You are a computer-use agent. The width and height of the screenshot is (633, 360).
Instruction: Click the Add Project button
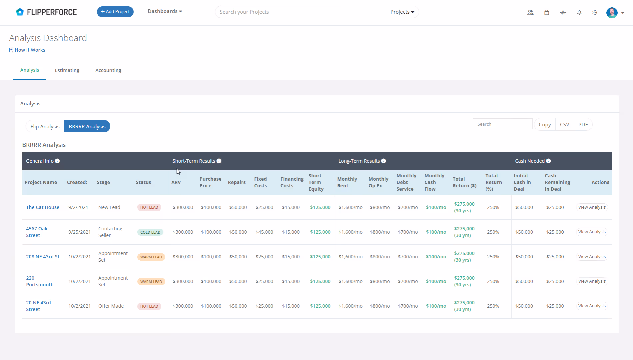click(115, 12)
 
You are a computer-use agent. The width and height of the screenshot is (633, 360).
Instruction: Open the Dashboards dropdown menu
click(165, 11)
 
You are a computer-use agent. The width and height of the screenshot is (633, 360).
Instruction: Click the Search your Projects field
click(300, 12)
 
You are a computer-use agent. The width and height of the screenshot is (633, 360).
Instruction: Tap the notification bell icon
click(579, 13)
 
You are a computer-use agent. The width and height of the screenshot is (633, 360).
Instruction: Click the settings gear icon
click(595, 13)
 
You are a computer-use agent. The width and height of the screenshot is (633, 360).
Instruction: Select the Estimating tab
click(67, 70)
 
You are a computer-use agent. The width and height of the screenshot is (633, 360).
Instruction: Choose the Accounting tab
click(108, 70)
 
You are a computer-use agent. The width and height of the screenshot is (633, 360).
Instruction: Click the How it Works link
click(27, 50)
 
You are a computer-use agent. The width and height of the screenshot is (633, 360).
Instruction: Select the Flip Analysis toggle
click(45, 126)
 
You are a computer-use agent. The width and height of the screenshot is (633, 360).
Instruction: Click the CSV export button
click(564, 124)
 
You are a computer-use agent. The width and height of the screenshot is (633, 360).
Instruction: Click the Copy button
click(545, 124)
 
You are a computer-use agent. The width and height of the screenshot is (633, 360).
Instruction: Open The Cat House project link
click(43, 207)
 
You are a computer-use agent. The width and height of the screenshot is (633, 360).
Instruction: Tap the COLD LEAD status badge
click(150, 232)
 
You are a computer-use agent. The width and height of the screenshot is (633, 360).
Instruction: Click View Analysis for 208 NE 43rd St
click(592, 257)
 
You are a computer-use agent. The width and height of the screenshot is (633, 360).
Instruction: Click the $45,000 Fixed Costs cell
click(264, 232)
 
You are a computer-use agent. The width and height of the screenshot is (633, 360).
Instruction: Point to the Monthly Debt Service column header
click(406, 182)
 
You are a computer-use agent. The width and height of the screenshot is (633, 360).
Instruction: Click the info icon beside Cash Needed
click(548, 161)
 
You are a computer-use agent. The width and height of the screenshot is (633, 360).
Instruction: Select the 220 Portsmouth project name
click(40, 281)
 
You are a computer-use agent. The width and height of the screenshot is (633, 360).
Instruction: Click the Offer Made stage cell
click(111, 306)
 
